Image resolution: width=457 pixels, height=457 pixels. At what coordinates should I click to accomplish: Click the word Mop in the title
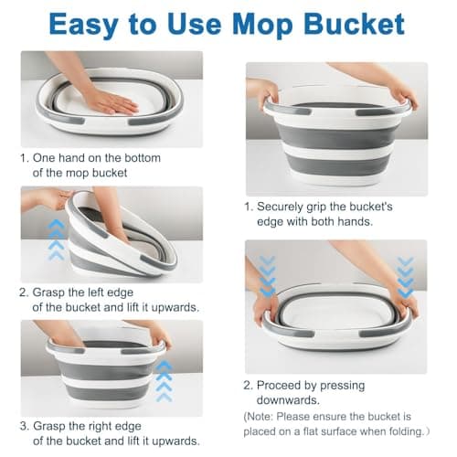262,26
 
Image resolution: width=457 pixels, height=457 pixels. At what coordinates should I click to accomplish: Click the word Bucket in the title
354,24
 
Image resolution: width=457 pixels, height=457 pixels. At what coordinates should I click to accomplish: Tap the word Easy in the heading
84,26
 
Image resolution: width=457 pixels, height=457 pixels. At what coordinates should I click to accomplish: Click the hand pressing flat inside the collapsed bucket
112,102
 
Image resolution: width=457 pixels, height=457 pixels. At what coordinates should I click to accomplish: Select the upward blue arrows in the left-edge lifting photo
57,239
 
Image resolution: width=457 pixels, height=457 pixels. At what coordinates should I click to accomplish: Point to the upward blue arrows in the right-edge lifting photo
164,381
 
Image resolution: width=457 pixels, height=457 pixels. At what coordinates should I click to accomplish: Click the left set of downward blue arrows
268,276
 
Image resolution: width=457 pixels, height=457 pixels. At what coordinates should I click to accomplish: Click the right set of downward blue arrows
406,277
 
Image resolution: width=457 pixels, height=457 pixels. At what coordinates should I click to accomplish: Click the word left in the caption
90,292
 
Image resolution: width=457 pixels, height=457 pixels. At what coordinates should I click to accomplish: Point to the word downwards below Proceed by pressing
288,399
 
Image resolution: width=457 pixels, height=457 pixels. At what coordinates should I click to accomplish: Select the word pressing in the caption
343,386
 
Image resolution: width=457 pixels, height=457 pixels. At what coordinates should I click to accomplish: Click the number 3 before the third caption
23,426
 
